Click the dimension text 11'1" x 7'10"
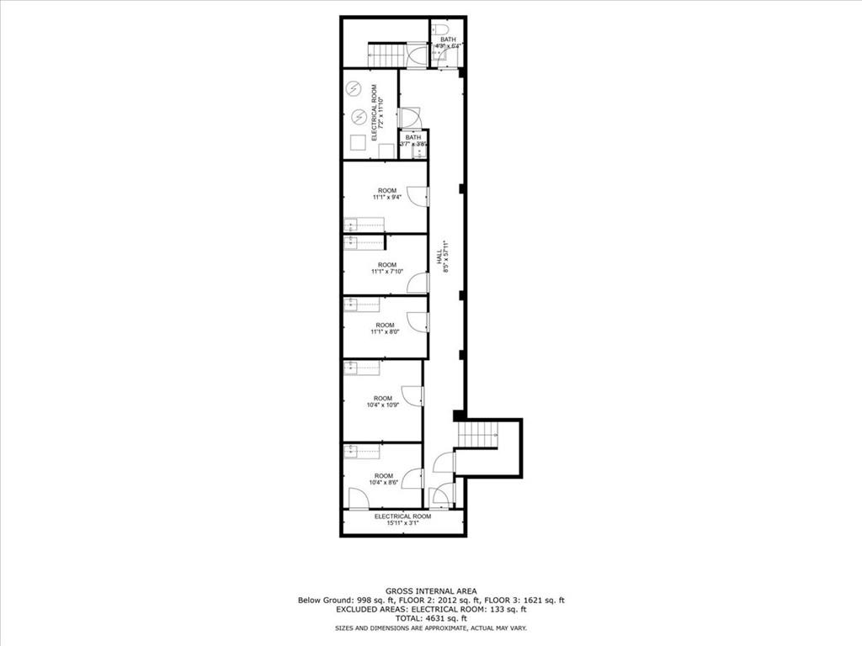tap(387, 272)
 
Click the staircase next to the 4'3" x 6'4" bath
tap(388, 55)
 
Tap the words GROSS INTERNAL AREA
tap(430, 591)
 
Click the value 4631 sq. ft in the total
tap(449, 618)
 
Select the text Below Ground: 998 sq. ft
tap(336, 601)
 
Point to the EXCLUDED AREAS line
tap(430, 609)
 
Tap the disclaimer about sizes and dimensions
tap(430, 628)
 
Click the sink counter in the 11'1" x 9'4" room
tap(364, 225)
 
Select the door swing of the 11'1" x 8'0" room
tap(418, 322)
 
